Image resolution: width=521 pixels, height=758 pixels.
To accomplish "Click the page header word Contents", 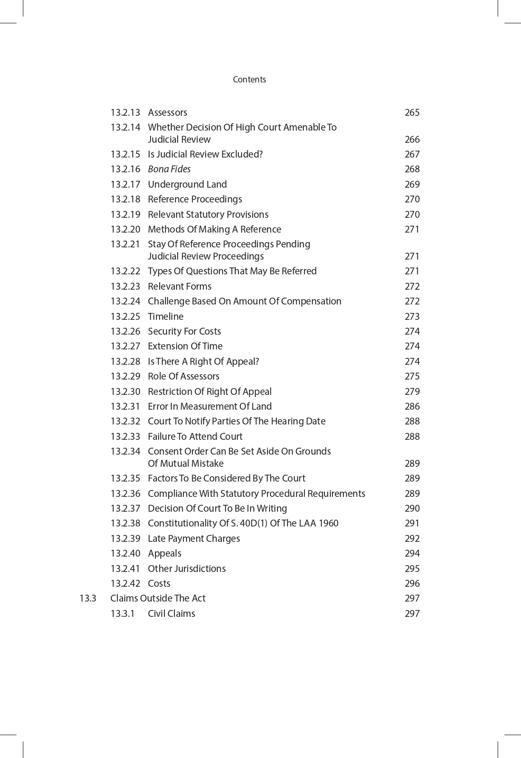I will coord(249,79).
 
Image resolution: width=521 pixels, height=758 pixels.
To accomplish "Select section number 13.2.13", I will coord(125,113).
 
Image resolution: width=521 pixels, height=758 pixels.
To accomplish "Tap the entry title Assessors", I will coord(168,113).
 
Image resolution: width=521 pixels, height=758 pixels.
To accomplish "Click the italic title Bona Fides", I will coord(169,169).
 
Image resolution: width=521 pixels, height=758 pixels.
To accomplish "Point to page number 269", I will coord(412,184).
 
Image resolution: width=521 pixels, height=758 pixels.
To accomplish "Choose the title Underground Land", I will coord(187,184).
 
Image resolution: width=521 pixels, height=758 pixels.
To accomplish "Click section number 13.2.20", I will coord(125,229).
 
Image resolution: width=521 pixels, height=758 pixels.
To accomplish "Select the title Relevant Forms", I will coord(180,286).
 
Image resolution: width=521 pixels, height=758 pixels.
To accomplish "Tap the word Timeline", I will coord(165,317).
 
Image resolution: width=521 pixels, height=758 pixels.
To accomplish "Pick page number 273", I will coord(412,317).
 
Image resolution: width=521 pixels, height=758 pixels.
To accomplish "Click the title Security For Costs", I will coord(184,331).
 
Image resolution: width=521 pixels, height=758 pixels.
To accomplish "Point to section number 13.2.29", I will coord(125,376).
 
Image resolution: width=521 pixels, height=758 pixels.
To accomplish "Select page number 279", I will coord(412,392).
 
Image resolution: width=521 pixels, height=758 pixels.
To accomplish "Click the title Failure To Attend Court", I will coord(195,437).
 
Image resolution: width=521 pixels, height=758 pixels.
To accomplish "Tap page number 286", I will coord(412,406).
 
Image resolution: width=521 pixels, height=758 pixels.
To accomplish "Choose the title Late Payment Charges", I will coord(194,539).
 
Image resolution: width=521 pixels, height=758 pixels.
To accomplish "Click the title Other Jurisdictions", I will coord(187,569).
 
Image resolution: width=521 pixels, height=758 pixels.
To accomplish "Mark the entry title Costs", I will coord(159,584).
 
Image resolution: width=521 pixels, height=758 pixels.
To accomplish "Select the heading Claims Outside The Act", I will coord(158,598).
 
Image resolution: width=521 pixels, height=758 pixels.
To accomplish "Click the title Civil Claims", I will coord(171,614).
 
